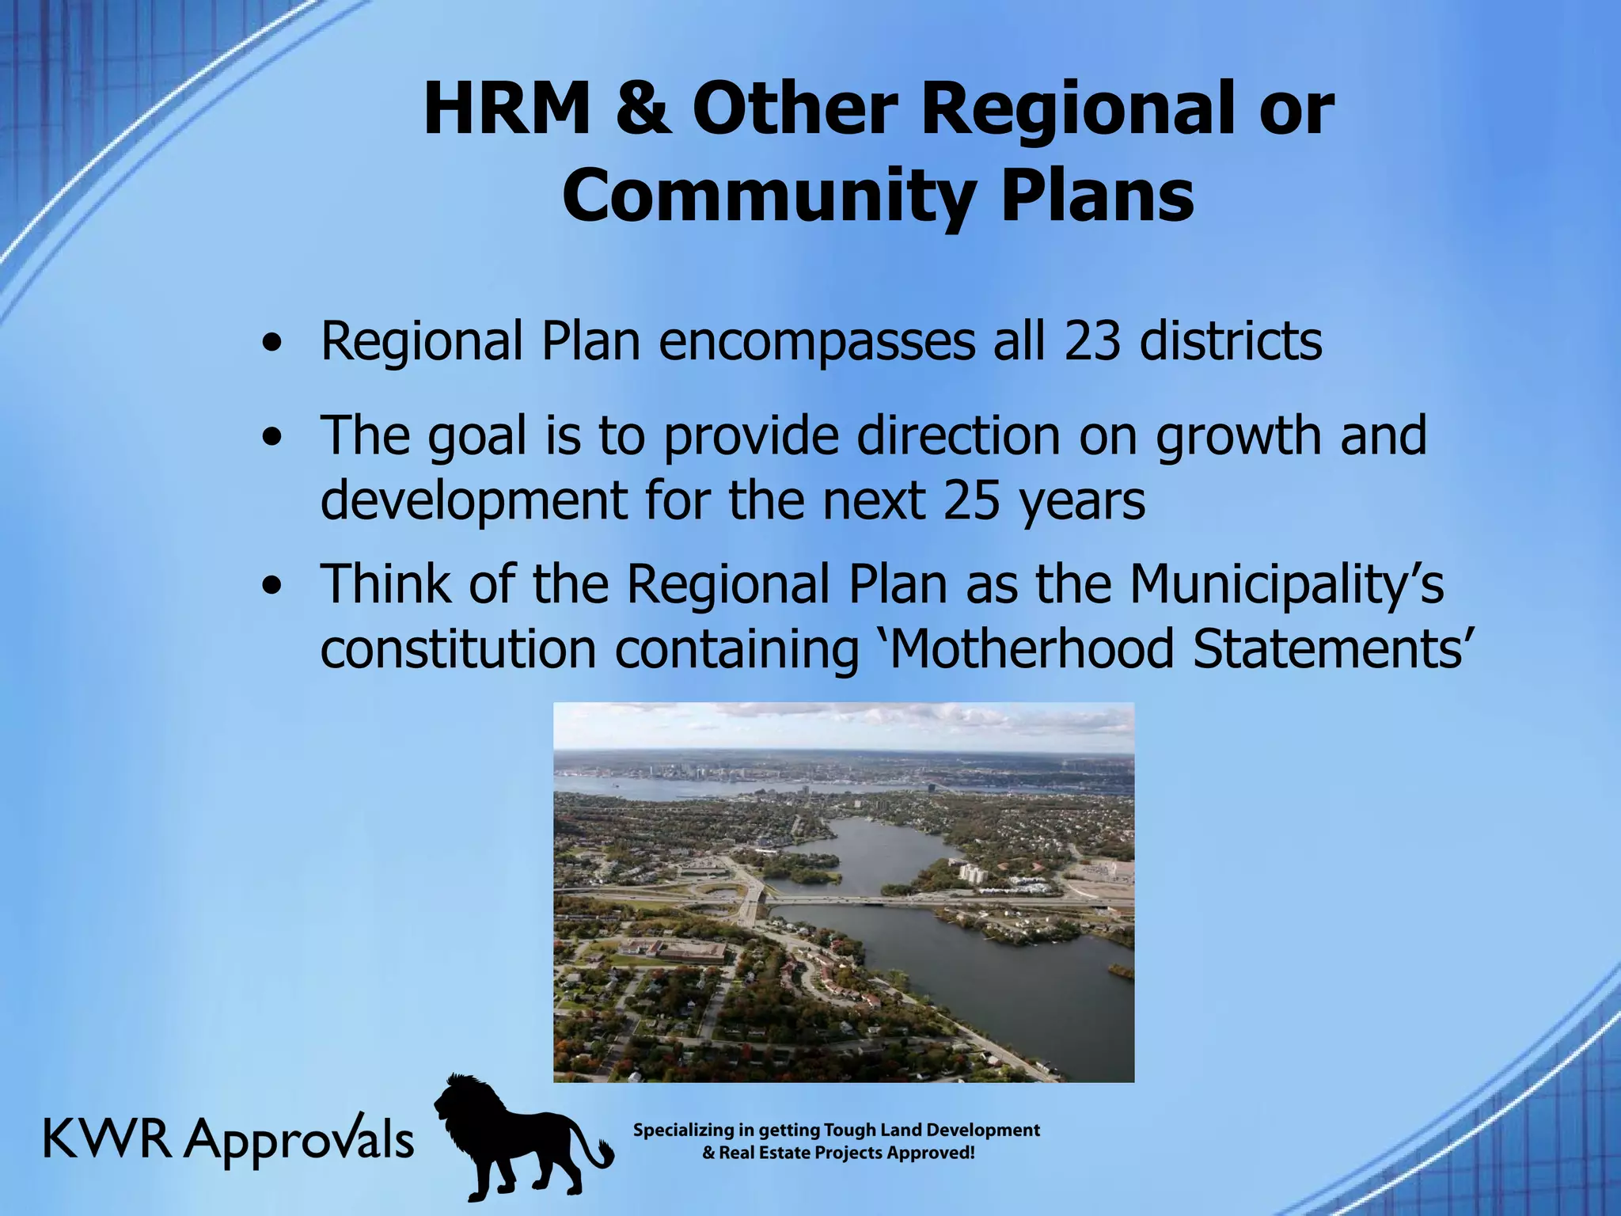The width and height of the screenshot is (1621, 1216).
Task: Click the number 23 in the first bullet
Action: pos(1092,342)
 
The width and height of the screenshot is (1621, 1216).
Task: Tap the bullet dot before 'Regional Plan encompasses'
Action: pos(272,345)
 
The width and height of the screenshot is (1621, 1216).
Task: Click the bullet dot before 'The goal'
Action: pos(272,439)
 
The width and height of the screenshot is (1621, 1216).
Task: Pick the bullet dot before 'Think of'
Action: pos(272,587)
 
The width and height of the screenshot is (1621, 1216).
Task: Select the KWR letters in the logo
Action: pos(107,1140)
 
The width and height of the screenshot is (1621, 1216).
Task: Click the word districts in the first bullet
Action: pos(1231,342)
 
